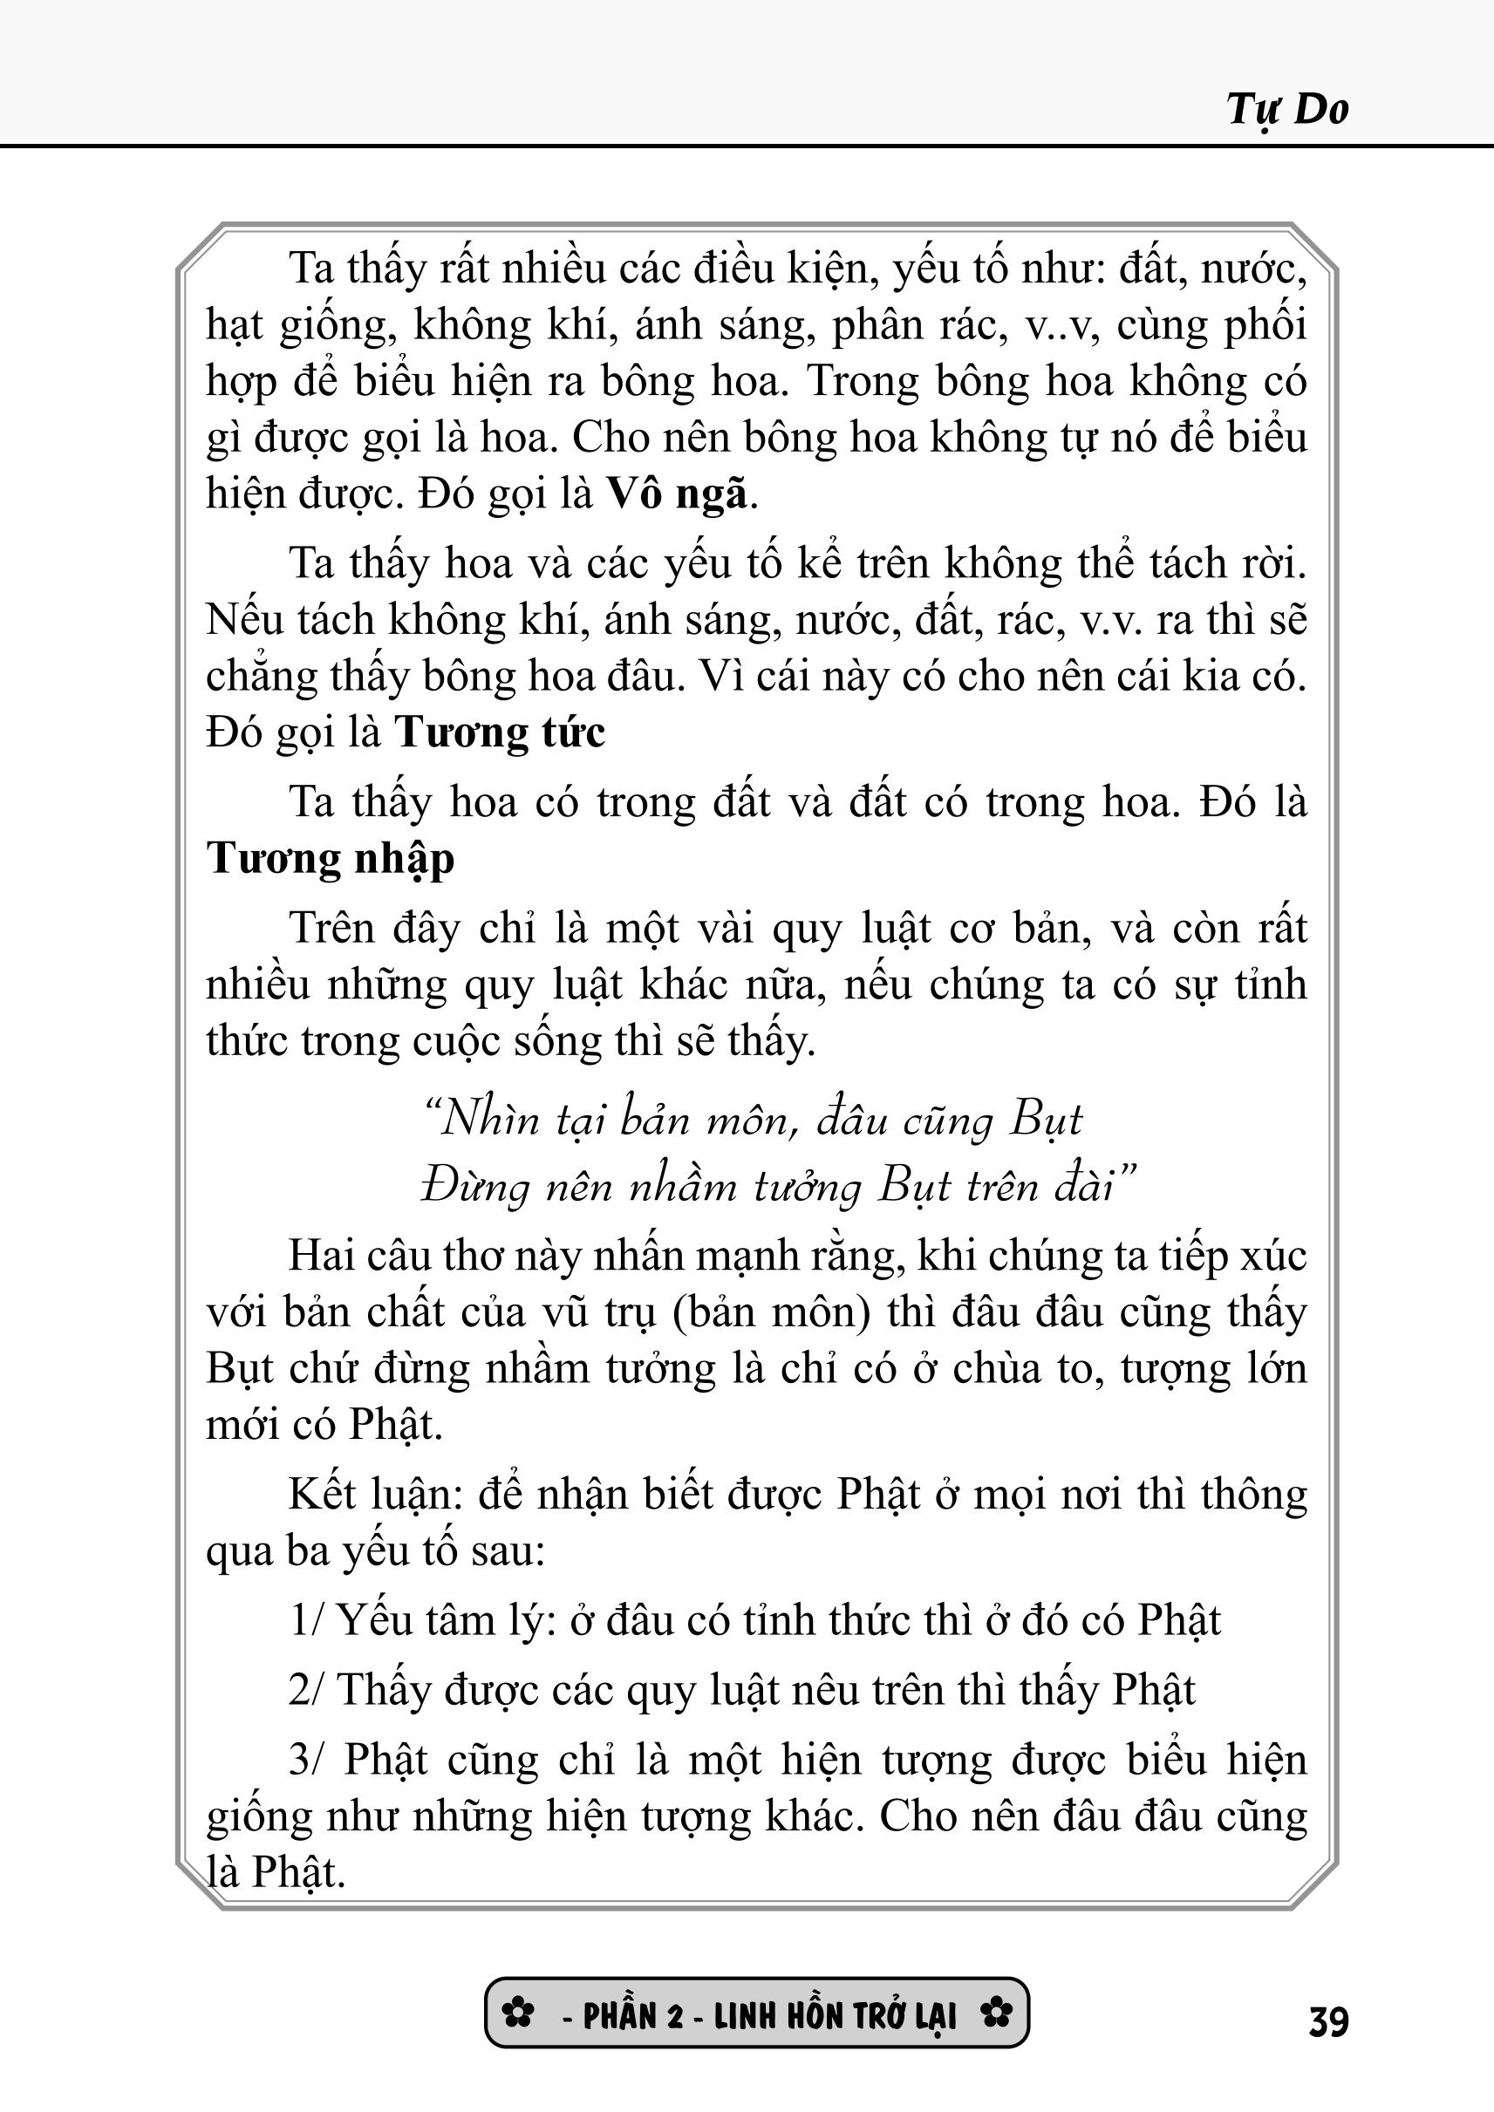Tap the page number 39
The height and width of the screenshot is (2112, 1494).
(1328, 2023)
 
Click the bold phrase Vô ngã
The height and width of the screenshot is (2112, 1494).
(676, 495)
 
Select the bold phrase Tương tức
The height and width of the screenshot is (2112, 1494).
(500, 733)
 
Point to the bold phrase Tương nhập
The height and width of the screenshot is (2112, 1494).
(331, 859)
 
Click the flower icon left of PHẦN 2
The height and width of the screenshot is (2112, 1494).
(519, 2013)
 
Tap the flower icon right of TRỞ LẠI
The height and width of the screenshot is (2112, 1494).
(995, 2013)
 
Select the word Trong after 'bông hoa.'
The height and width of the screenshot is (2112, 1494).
(862, 382)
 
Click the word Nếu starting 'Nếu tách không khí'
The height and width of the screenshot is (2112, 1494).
(244, 620)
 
